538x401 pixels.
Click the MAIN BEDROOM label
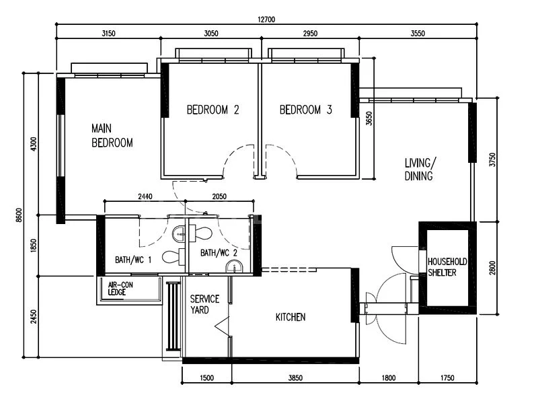(x=112, y=135)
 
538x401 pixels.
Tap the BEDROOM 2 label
(x=213, y=110)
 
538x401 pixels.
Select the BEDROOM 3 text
(x=305, y=110)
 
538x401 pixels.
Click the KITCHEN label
(x=291, y=317)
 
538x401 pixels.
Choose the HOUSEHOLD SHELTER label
(x=447, y=266)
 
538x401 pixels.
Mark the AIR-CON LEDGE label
(x=122, y=288)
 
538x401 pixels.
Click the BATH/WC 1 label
(x=133, y=259)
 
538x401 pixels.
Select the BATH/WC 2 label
(x=219, y=253)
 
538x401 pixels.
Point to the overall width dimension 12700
(x=267, y=20)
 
